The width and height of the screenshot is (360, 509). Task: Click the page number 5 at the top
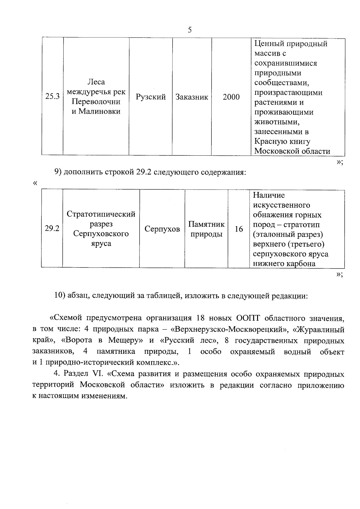189,30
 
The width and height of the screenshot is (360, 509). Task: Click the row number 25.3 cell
52,97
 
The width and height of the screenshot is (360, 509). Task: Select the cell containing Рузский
151,97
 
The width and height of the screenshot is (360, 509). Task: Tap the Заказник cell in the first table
192,97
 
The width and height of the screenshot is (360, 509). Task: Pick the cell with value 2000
231,97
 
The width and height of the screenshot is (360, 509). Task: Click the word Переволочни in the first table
96,102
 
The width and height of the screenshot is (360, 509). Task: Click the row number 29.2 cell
52,229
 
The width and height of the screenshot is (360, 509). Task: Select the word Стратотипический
101,214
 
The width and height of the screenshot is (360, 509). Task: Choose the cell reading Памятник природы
206,229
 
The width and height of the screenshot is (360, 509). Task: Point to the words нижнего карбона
284,264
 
